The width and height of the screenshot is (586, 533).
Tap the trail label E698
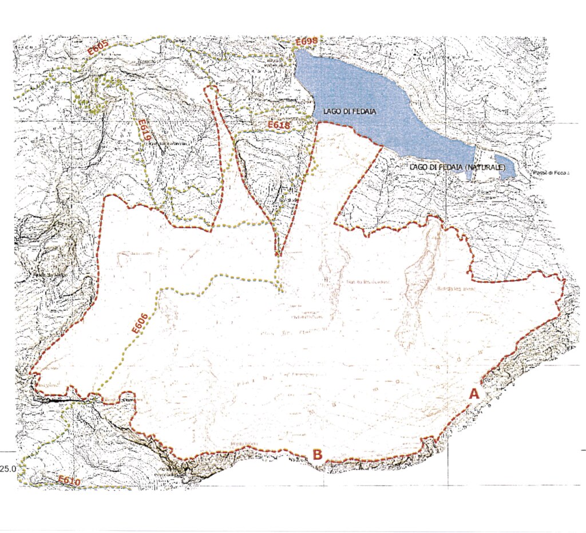(x=306, y=42)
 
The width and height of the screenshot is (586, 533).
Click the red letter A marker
(x=474, y=394)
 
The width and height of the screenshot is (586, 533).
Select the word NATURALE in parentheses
(x=483, y=166)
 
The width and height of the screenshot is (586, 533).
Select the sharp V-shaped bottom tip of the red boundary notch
(x=278, y=255)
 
